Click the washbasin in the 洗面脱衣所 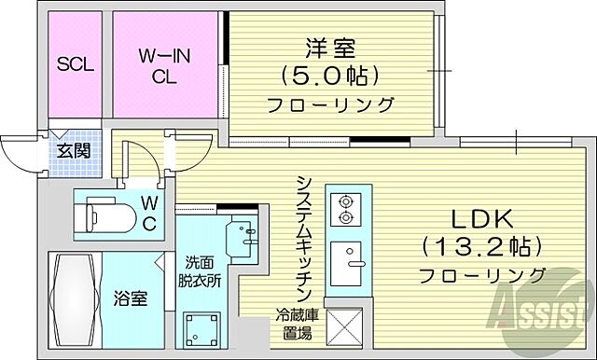245,233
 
